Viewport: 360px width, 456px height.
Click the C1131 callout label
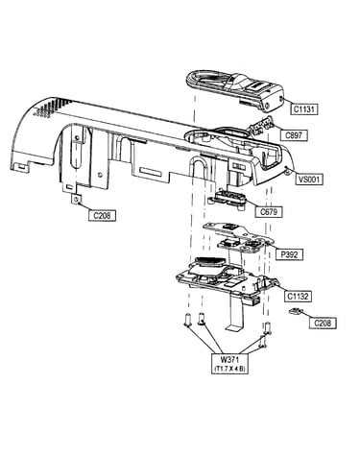click(x=304, y=109)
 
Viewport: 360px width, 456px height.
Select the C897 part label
click(x=294, y=135)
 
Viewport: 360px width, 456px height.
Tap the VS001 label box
click(x=309, y=179)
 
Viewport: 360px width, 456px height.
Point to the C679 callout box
click(x=269, y=212)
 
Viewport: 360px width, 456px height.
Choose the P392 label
click(x=289, y=254)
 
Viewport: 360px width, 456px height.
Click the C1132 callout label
click(x=298, y=296)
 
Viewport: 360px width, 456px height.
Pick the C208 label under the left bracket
click(x=102, y=215)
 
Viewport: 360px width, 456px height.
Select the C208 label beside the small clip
click(x=323, y=323)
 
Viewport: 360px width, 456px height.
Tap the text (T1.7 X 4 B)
click(x=230, y=369)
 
